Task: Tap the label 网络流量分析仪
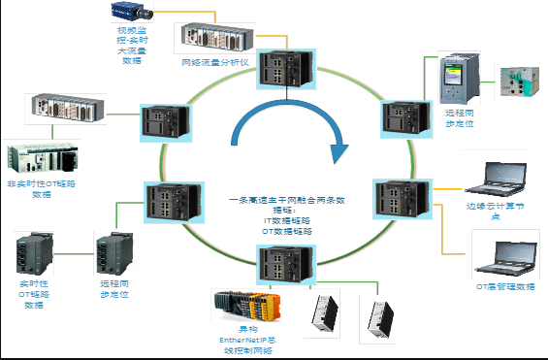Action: click(216, 62)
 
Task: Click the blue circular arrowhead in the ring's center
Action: click(338, 152)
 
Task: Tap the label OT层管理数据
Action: click(504, 287)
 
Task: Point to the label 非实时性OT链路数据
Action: click(41, 188)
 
